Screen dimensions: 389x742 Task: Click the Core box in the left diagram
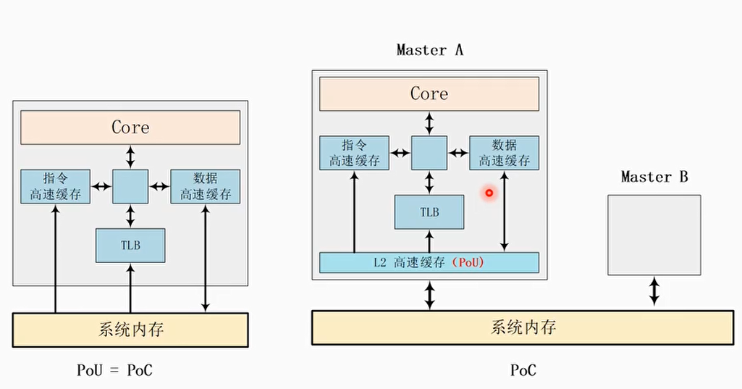(x=130, y=127)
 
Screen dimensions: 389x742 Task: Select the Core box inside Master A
(x=429, y=93)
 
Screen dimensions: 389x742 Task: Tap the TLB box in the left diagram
(x=130, y=246)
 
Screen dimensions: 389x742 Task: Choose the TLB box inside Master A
(x=429, y=212)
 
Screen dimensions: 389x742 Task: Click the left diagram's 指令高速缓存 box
(x=55, y=186)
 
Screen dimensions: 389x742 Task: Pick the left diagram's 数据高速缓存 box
(x=206, y=186)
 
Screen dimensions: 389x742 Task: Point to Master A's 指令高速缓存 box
(x=354, y=153)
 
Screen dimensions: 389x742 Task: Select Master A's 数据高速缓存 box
(x=504, y=153)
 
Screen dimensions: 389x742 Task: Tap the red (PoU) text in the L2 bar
(x=469, y=263)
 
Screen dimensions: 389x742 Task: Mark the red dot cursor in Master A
(x=489, y=193)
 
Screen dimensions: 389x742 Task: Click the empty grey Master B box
(x=654, y=235)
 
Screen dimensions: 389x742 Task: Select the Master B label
(x=654, y=177)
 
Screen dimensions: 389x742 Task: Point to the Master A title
(x=429, y=50)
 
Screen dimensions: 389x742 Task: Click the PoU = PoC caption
(x=115, y=370)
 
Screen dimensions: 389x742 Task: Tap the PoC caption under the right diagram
(x=523, y=370)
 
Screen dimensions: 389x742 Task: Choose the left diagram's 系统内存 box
(x=130, y=330)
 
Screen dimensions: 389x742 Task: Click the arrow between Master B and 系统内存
(x=654, y=290)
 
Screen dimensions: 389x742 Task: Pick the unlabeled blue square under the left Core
(x=130, y=186)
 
